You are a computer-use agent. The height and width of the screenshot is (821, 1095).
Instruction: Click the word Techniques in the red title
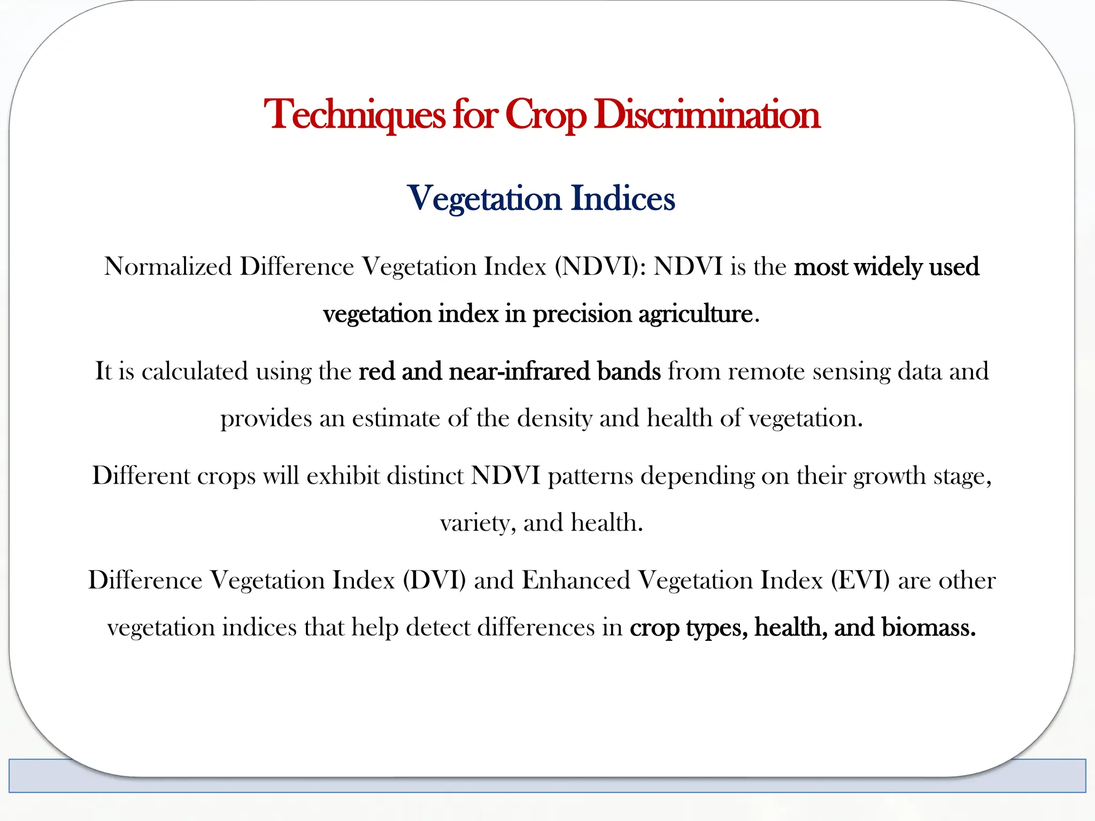pyautogui.click(x=354, y=114)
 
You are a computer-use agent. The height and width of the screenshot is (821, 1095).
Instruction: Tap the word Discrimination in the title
pyautogui.click(x=707, y=114)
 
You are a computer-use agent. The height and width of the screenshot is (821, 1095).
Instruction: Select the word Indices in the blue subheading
pyautogui.click(x=623, y=198)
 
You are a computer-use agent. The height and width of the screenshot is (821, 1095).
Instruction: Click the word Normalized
pyautogui.click(x=168, y=266)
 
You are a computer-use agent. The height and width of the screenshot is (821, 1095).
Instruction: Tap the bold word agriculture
pyautogui.click(x=696, y=314)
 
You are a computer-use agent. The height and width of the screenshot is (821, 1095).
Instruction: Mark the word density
pyautogui.click(x=554, y=418)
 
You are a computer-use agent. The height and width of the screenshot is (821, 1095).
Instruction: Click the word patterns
pyautogui.click(x=590, y=476)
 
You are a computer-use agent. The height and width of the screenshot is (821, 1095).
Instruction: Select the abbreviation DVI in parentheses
pyautogui.click(x=434, y=580)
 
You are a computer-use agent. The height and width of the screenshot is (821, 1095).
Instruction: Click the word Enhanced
pyautogui.click(x=576, y=580)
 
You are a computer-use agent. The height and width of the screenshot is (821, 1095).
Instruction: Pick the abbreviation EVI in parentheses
pyautogui.click(x=860, y=580)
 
